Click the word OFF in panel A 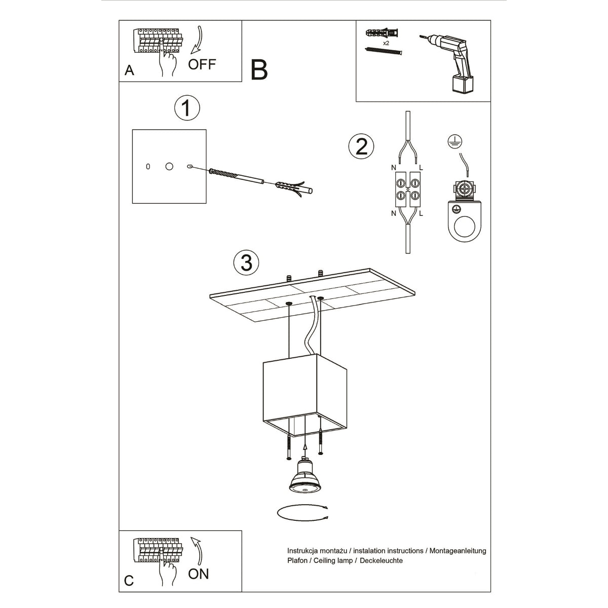202,64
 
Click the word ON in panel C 198,574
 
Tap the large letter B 259,70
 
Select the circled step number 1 186,108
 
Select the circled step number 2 361,146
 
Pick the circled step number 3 246,262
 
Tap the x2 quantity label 386,44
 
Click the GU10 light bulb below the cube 304,478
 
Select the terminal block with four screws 407,188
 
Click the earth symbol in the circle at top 453,141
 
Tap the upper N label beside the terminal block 393,167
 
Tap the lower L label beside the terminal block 421,213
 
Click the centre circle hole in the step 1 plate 169,166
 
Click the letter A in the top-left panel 129,71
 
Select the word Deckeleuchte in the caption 381,560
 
